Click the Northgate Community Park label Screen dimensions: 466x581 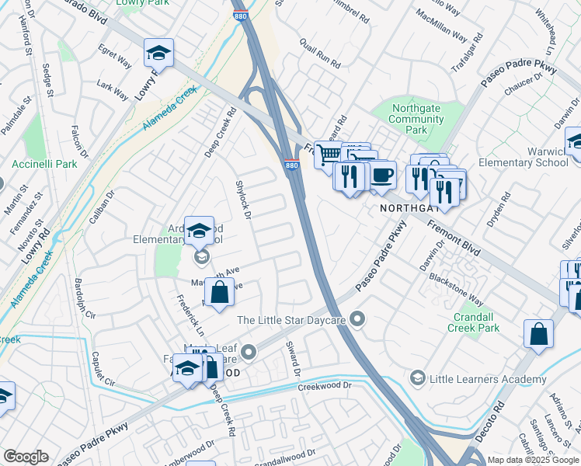(416, 120)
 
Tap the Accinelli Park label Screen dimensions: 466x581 (44, 164)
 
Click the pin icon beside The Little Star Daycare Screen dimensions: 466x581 (357, 319)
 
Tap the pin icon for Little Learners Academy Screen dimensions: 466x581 (417, 378)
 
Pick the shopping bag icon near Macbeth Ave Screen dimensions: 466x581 (220, 294)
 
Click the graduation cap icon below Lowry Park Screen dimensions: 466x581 (158, 53)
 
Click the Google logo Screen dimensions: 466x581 (26, 457)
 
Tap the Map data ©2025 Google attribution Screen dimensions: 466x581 (532, 460)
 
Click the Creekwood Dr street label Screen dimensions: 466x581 (325, 385)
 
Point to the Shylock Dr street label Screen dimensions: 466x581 (243, 200)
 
